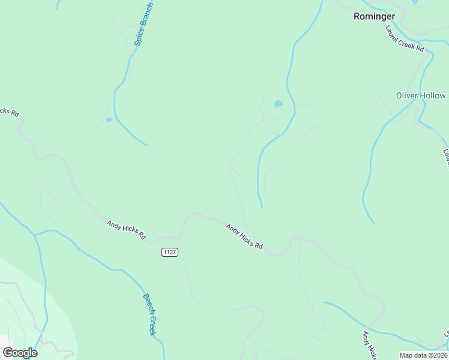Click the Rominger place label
[x=373, y=16]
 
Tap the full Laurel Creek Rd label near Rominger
[x=405, y=38]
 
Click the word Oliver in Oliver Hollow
[x=409, y=95]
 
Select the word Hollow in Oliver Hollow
[x=435, y=95]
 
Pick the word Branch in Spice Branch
[x=148, y=14]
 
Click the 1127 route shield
[x=170, y=252]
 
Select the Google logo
[x=20, y=353]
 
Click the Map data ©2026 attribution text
[x=423, y=355]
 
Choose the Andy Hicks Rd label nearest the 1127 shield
[x=126, y=230]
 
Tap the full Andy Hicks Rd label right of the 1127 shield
[x=244, y=236]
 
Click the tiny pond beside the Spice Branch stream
[x=109, y=120]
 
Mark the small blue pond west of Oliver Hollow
[x=278, y=104]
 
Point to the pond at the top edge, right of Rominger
[x=415, y=2]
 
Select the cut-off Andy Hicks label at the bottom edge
[x=369, y=345]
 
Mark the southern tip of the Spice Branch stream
[x=146, y=145]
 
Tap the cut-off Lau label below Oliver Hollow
[x=445, y=157]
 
